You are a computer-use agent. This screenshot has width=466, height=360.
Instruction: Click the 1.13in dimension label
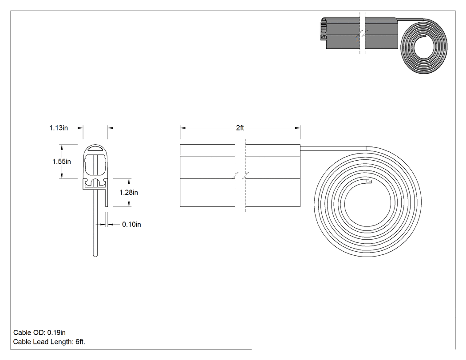point(59,128)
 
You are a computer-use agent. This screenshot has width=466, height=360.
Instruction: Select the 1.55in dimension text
point(62,162)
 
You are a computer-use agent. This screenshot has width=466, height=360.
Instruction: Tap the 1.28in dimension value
point(129,192)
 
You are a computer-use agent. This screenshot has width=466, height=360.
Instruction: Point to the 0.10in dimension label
point(132,224)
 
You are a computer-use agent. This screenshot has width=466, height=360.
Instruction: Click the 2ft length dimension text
point(240,128)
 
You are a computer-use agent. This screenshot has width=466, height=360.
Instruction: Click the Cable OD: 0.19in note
point(39,332)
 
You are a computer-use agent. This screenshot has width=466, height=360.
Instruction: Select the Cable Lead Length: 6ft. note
point(49,341)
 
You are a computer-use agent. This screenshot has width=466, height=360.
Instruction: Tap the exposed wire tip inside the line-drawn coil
point(368,181)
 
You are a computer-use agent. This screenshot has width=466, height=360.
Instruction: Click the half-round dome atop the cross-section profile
point(95,148)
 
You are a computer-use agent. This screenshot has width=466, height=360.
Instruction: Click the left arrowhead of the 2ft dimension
point(183,128)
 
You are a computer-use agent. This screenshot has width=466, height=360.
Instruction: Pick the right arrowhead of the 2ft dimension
point(297,128)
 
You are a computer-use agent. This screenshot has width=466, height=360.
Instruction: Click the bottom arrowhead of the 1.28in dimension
point(129,204)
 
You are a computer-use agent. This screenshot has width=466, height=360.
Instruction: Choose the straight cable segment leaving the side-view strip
point(333,148)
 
